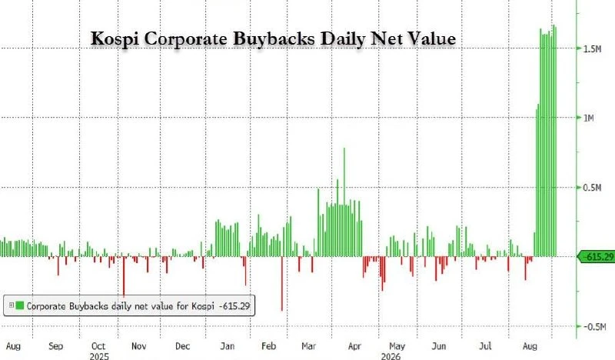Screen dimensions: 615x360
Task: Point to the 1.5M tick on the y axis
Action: (592, 48)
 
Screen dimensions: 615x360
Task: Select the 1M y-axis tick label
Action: (589, 118)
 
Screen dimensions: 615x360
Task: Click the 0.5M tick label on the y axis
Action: (592, 188)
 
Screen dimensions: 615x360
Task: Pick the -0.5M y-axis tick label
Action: (594, 327)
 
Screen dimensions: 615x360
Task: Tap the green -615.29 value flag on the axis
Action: (597, 257)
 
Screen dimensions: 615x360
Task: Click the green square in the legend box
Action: (20, 305)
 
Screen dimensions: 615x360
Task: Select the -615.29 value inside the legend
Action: (234, 306)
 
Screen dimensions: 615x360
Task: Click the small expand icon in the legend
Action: (12, 305)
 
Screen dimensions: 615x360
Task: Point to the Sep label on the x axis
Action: (55, 346)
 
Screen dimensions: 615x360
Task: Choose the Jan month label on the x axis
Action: (227, 346)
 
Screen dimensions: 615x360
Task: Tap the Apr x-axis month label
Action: (354, 346)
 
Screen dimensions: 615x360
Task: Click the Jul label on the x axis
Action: (485, 346)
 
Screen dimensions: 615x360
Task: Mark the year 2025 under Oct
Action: (99, 356)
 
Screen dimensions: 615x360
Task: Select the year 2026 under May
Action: (391, 356)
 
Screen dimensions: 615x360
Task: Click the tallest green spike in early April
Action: (344, 202)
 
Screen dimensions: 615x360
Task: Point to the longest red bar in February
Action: (282, 283)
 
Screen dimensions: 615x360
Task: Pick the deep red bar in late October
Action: (124, 277)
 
